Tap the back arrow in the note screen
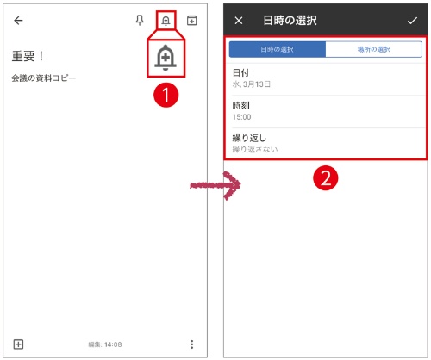[x=19, y=21]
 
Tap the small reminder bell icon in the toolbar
[x=166, y=21]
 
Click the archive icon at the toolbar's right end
[x=191, y=21]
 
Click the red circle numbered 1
[x=166, y=96]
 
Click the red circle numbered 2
[x=324, y=177]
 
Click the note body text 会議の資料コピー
[x=44, y=78]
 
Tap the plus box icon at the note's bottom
[x=18, y=344]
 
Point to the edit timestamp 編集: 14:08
[x=104, y=344]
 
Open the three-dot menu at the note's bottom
[x=191, y=344]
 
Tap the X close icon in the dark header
[x=239, y=20]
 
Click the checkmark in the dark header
[x=411, y=20]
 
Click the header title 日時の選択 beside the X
[x=290, y=20]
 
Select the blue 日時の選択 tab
[x=277, y=50]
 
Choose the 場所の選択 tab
[x=373, y=50]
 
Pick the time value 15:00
[x=242, y=117]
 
